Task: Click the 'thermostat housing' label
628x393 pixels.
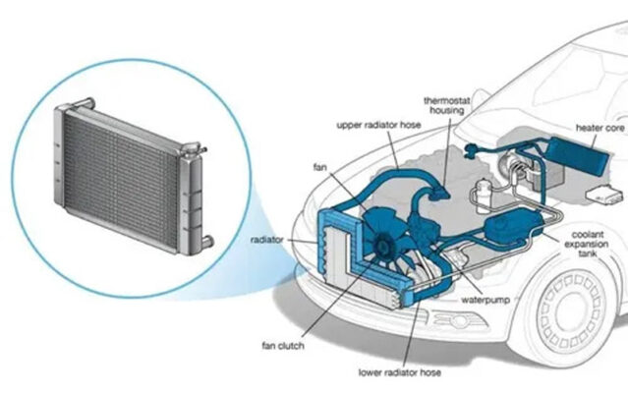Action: (446, 105)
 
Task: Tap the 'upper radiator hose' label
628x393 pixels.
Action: (378, 125)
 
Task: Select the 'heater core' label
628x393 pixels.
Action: (599, 128)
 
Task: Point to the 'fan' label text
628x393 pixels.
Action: (319, 167)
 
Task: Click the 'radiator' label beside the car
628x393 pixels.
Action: (266, 240)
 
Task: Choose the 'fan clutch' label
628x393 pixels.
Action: (283, 346)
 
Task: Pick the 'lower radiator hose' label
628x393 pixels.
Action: (399, 373)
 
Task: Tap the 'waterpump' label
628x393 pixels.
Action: (485, 300)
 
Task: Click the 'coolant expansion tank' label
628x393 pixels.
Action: (587, 244)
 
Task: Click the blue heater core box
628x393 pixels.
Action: (580, 155)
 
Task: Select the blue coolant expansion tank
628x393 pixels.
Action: (513, 226)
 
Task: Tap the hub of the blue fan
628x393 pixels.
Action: (380, 248)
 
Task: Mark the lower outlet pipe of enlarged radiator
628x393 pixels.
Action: (207, 242)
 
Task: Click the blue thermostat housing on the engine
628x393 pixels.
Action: (438, 193)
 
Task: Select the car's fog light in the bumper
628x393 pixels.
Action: (456, 321)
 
